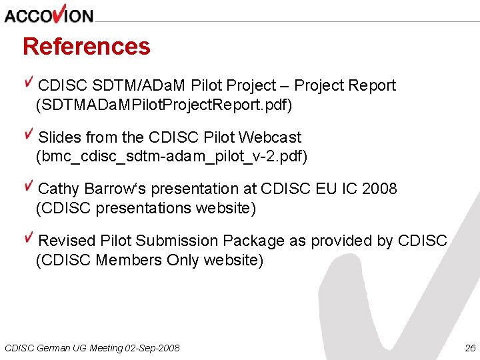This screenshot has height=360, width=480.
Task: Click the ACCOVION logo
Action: [x=49, y=14]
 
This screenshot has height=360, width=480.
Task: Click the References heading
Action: [x=87, y=47]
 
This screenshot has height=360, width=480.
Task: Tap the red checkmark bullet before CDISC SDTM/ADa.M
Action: [x=29, y=83]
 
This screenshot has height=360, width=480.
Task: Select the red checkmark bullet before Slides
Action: [x=29, y=135]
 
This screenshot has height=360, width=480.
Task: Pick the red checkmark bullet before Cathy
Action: [x=29, y=186]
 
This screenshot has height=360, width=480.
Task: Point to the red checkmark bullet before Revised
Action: [x=29, y=238]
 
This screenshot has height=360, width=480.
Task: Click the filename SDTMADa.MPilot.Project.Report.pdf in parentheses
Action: [x=164, y=105]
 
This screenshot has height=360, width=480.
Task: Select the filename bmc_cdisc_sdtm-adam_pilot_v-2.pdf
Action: [x=171, y=157]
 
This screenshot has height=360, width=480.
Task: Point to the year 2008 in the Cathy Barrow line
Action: [x=379, y=189]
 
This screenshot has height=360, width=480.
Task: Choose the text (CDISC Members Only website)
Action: [x=149, y=260]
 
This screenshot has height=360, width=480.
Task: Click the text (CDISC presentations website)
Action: [x=145, y=208]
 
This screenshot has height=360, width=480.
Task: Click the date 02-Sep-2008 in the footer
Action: [x=151, y=348]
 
